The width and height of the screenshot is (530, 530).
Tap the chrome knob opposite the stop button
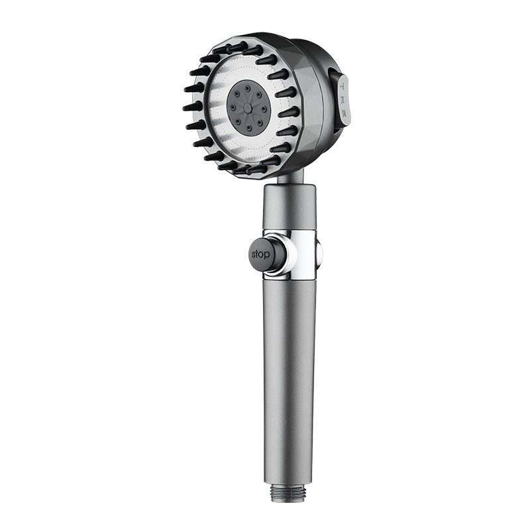coord(319,253)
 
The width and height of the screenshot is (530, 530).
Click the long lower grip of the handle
coord(289,371)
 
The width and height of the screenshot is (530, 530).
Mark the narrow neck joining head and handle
coord(289,178)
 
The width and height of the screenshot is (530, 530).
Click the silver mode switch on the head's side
coord(344,101)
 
